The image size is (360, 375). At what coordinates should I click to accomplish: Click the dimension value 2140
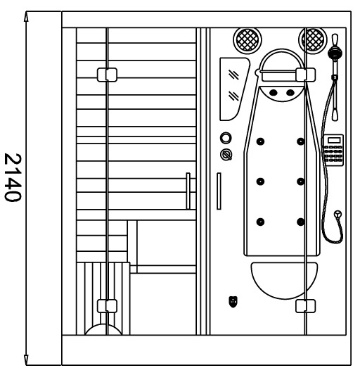[x=13, y=178]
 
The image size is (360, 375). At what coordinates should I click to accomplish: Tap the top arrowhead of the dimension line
[x=26, y=17]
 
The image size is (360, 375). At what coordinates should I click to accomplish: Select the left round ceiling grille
[x=247, y=40]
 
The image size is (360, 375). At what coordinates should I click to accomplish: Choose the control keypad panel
[x=333, y=150]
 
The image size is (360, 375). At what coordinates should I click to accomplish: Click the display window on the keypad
[x=334, y=140]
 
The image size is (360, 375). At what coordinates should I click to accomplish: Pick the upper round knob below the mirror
[x=226, y=138]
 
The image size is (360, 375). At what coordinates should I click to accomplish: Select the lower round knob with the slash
[x=226, y=155]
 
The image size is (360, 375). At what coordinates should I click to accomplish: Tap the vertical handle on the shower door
[x=219, y=191]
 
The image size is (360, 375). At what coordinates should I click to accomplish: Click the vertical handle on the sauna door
[x=188, y=191]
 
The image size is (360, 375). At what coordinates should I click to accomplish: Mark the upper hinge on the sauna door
[x=107, y=75]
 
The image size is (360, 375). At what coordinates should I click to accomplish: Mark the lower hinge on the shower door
[x=305, y=306]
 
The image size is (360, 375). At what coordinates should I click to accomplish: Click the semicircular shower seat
[x=284, y=280]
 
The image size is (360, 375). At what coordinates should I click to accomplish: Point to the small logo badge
[x=233, y=302]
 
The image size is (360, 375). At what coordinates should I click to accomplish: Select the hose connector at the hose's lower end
[x=337, y=214]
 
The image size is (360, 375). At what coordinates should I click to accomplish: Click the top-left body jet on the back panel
[x=260, y=141]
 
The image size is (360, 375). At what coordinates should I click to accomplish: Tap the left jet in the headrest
[x=273, y=92]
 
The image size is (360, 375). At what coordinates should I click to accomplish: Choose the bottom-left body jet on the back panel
[x=260, y=222]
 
